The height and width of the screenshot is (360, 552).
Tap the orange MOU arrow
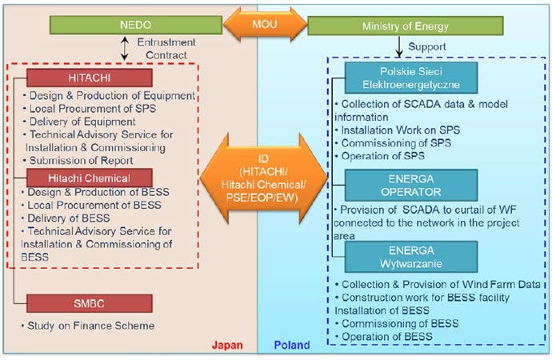(x=264, y=26)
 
